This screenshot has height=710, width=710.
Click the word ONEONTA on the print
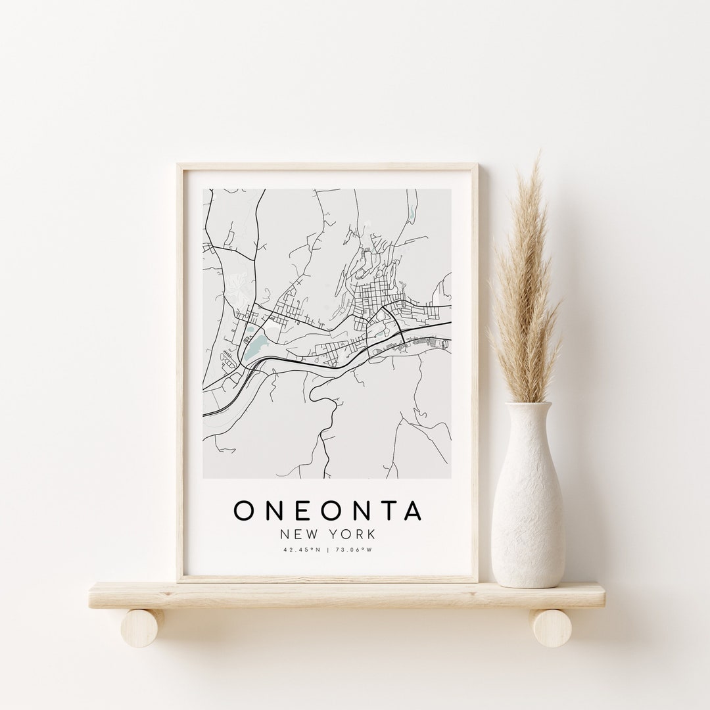pyautogui.click(x=328, y=511)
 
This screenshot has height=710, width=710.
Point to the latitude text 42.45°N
pyautogui.click(x=302, y=550)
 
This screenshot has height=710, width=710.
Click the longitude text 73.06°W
pyautogui.click(x=356, y=550)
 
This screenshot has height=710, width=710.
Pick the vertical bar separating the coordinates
pyautogui.click(x=328, y=550)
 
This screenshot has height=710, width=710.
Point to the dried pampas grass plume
pyautogui.click(x=526, y=283)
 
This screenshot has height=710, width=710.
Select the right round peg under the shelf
pyautogui.click(x=551, y=628)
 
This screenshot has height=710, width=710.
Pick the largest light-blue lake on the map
pyautogui.click(x=256, y=343)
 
